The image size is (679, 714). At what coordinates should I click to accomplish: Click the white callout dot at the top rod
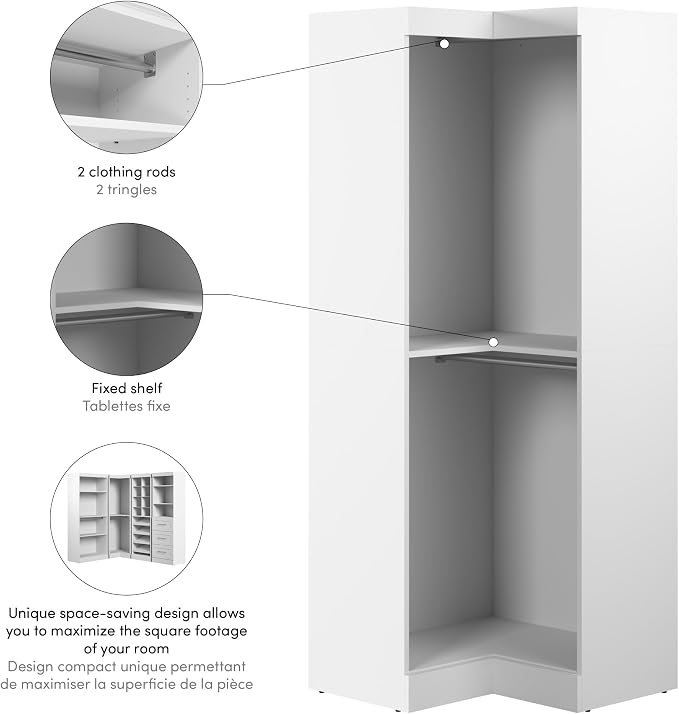click(444, 44)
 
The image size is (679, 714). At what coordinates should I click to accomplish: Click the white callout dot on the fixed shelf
click(493, 342)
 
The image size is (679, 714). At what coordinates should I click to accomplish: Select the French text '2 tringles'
click(126, 189)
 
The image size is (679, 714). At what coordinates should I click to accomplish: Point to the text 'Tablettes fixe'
click(126, 406)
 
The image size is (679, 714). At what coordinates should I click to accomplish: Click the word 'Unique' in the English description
click(31, 613)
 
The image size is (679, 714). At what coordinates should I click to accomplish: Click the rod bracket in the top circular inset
click(151, 64)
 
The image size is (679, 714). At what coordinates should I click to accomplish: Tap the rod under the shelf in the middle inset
click(124, 317)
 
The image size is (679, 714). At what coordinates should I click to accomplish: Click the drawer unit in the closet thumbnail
click(163, 538)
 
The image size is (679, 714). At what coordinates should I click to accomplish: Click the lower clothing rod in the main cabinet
click(505, 362)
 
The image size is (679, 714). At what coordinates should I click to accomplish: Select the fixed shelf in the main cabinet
click(493, 344)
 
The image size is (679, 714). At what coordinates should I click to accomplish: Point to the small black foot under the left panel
click(322, 692)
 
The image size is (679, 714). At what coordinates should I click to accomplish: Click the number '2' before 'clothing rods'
click(81, 172)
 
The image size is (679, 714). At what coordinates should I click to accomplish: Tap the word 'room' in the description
click(153, 649)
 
